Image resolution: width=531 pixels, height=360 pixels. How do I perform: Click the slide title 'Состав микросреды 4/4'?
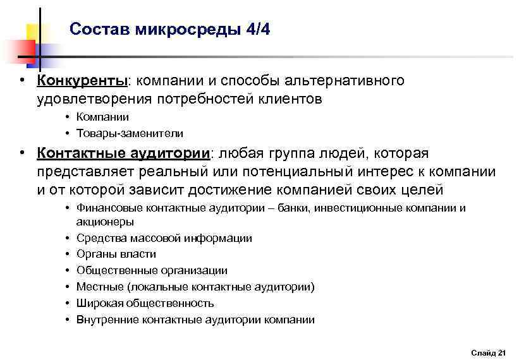[169, 30]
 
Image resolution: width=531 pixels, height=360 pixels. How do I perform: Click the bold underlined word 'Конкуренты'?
[82, 81]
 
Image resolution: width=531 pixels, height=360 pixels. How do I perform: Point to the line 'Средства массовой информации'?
[164, 238]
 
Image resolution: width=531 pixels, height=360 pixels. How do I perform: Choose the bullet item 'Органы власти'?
[116, 254]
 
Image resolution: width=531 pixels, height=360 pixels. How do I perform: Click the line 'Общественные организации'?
[152, 270]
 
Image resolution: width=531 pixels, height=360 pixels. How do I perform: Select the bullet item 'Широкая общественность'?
[145, 303]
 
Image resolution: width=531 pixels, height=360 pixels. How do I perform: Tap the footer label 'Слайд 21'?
[489, 352]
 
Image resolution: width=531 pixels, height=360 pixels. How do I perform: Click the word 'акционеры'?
[104, 222]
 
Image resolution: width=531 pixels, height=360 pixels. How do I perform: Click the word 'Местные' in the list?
[99, 287]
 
